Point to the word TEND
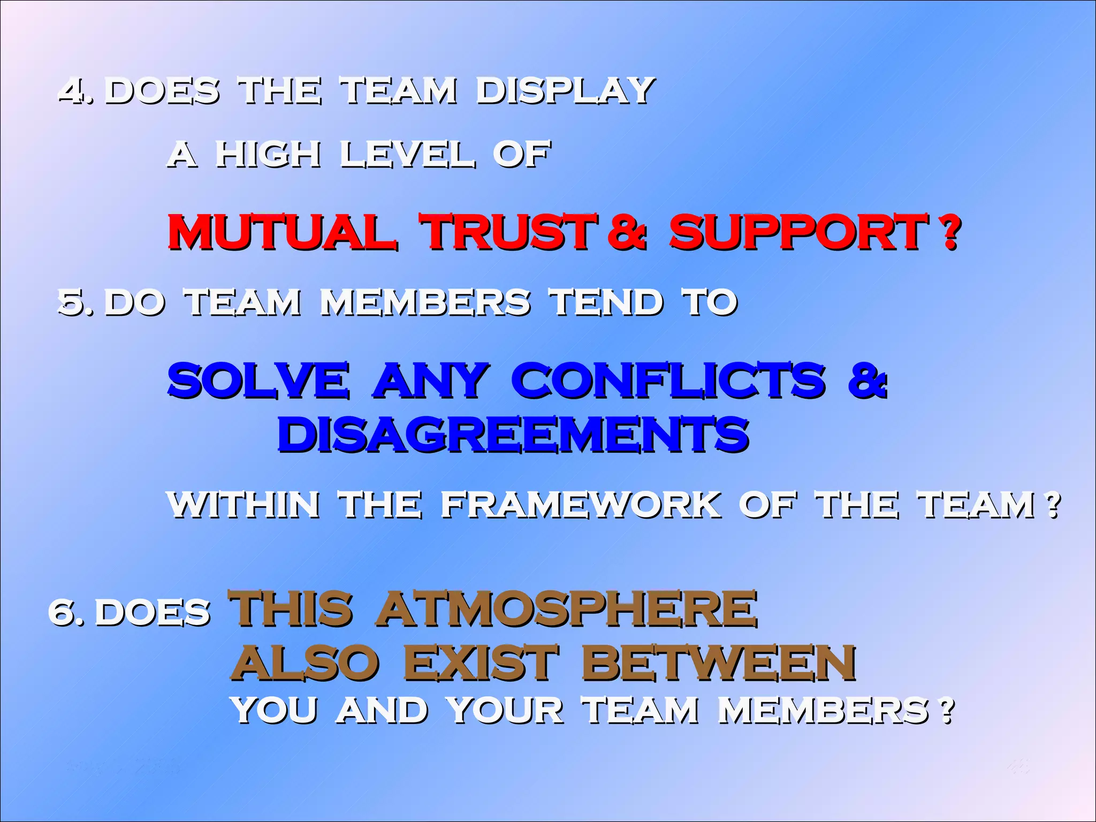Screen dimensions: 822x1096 point(607,302)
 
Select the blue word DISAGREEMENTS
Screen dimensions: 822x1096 point(513,435)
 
